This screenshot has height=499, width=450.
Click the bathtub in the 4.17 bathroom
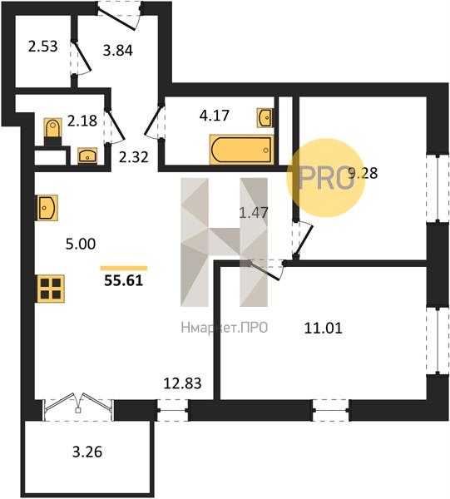(x=241, y=150)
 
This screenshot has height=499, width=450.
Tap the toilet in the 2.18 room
(x=53, y=131)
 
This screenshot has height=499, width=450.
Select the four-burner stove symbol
(x=51, y=289)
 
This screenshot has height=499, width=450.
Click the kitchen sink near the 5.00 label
(x=47, y=207)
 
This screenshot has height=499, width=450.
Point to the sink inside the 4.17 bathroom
(x=265, y=118)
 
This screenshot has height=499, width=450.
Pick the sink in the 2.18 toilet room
(x=87, y=156)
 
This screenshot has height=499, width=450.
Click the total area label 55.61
(x=124, y=281)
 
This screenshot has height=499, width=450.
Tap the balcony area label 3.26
(x=87, y=452)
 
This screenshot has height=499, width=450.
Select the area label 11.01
(x=323, y=329)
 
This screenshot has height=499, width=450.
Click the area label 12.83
(x=182, y=383)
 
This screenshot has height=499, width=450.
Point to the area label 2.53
(x=42, y=47)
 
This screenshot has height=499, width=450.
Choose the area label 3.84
(x=118, y=50)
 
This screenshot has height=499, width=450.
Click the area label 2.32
(x=134, y=157)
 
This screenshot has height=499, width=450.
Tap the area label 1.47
(x=254, y=213)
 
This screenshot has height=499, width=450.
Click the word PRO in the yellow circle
(x=325, y=178)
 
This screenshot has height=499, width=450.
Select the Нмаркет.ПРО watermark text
(x=225, y=328)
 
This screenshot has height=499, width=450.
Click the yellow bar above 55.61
(x=124, y=268)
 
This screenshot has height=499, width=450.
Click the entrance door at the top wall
(x=119, y=16)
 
